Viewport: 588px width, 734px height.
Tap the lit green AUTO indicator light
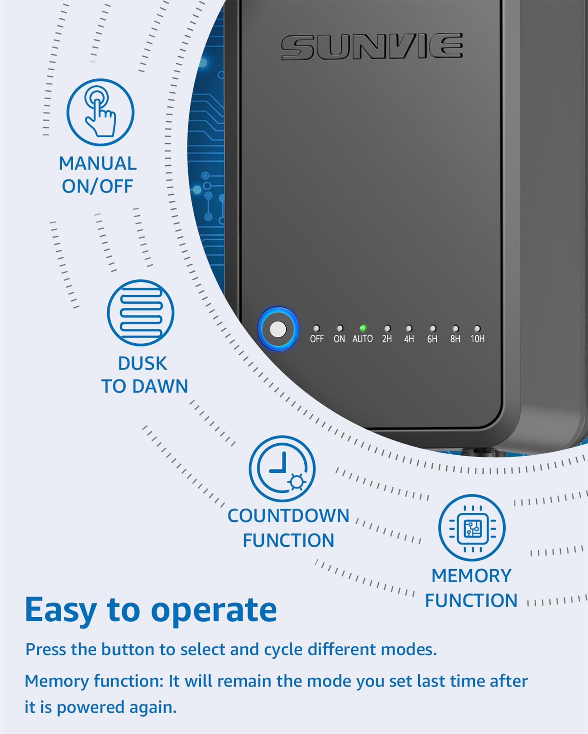363,328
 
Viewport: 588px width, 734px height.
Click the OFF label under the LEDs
317,339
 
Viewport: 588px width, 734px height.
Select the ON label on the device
339,339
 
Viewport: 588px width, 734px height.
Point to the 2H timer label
387,339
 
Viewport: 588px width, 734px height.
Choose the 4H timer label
409,339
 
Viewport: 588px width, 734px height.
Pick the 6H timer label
432,339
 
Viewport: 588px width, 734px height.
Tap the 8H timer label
455,339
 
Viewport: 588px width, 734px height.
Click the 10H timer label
477,339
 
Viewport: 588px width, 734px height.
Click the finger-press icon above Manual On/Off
100,112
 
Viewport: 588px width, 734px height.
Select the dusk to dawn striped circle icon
141,313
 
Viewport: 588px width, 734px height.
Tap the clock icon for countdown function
282,469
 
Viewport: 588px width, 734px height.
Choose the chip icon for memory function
472,528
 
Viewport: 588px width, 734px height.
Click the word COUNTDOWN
288,516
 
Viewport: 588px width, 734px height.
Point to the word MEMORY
472,576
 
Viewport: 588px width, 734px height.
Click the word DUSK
142,363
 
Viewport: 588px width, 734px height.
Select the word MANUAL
98,164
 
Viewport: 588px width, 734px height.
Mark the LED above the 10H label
477,328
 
